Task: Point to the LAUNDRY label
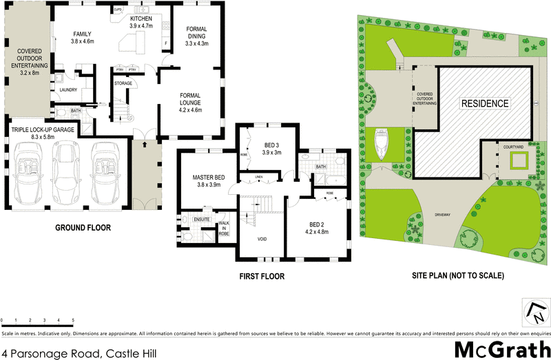coord(67,89)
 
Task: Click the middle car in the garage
coord(66,173)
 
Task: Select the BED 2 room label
coord(317,227)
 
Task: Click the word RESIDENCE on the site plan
coord(485,103)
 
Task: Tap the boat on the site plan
coord(381,147)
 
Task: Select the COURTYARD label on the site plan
coord(513,147)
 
